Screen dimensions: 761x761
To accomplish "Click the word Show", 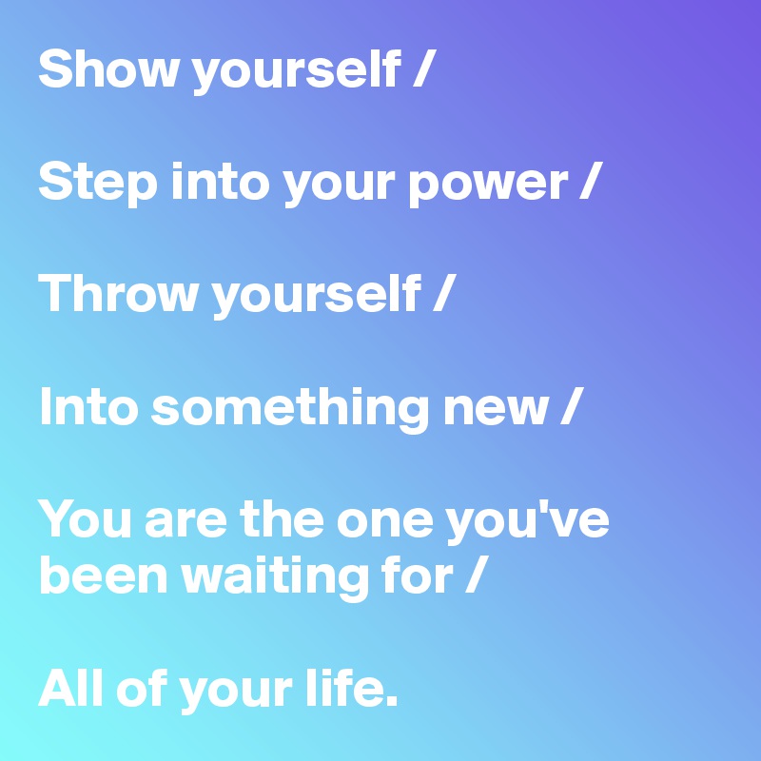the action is pyautogui.click(x=107, y=68).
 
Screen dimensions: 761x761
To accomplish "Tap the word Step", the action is pyautogui.click(x=98, y=184).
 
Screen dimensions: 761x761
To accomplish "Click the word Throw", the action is pyautogui.click(x=119, y=294).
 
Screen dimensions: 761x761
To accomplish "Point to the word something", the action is pyautogui.click(x=290, y=408).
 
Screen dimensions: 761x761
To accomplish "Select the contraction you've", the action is pyautogui.click(x=528, y=521).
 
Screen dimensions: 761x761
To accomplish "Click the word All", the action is pyautogui.click(x=70, y=687).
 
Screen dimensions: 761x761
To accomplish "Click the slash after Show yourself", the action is pyautogui.click(x=424, y=68).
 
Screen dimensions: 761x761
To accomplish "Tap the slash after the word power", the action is pyautogui.click(x=591, y=181).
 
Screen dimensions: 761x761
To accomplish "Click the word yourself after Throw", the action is pyautogui.click(x=317, y=297).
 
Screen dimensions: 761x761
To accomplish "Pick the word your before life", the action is pyautogui.click(x=235, y=695).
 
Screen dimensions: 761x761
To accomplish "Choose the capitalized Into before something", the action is pyautogui.click(x=88, y=407).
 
